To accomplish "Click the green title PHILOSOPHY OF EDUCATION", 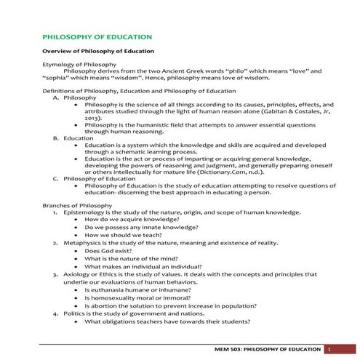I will pos(97,36).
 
